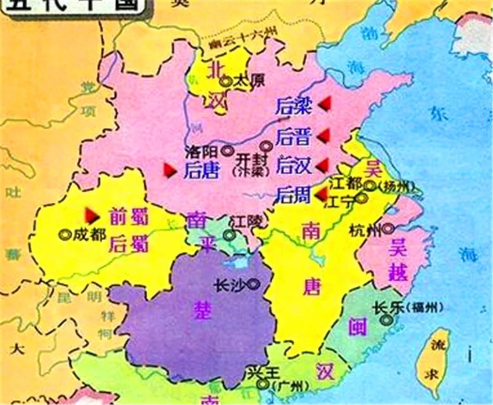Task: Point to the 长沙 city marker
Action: (x=254, y=284)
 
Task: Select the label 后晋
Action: (x=293, y=137)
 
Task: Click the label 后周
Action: (x=293, y=195)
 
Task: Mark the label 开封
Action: (x=249, y=159)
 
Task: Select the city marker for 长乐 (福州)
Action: (x=386, y=320)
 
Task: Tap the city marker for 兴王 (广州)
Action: (x=262, y=384)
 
